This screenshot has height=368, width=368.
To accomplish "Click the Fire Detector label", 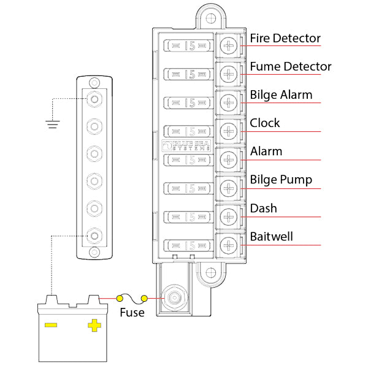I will click(x=285, y=38).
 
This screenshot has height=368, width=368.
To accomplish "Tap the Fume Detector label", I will click(x=291, y=66).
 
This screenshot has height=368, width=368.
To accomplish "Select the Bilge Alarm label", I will click(x=281, y=95).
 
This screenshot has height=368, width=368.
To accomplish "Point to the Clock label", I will click(x=264, y=123).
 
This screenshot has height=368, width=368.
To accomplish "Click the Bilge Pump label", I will click(x=281, y=180).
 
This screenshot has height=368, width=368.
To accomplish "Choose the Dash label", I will click(x=263, y=209).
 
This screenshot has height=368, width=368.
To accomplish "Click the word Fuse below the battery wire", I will click(x=132, y=312).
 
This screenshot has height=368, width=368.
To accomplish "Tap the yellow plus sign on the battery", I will click(x=94, y=324).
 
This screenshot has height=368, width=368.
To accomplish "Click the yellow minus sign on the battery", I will click(x=52, y=324).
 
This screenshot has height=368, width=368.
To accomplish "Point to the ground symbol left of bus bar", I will click(x=52, y=125).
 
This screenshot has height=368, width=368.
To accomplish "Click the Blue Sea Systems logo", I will click(x=187, y=146).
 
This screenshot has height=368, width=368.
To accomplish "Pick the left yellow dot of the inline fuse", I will click(x=120, y=299).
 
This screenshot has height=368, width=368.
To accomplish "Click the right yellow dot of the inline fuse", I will click(x=145, y=299).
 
